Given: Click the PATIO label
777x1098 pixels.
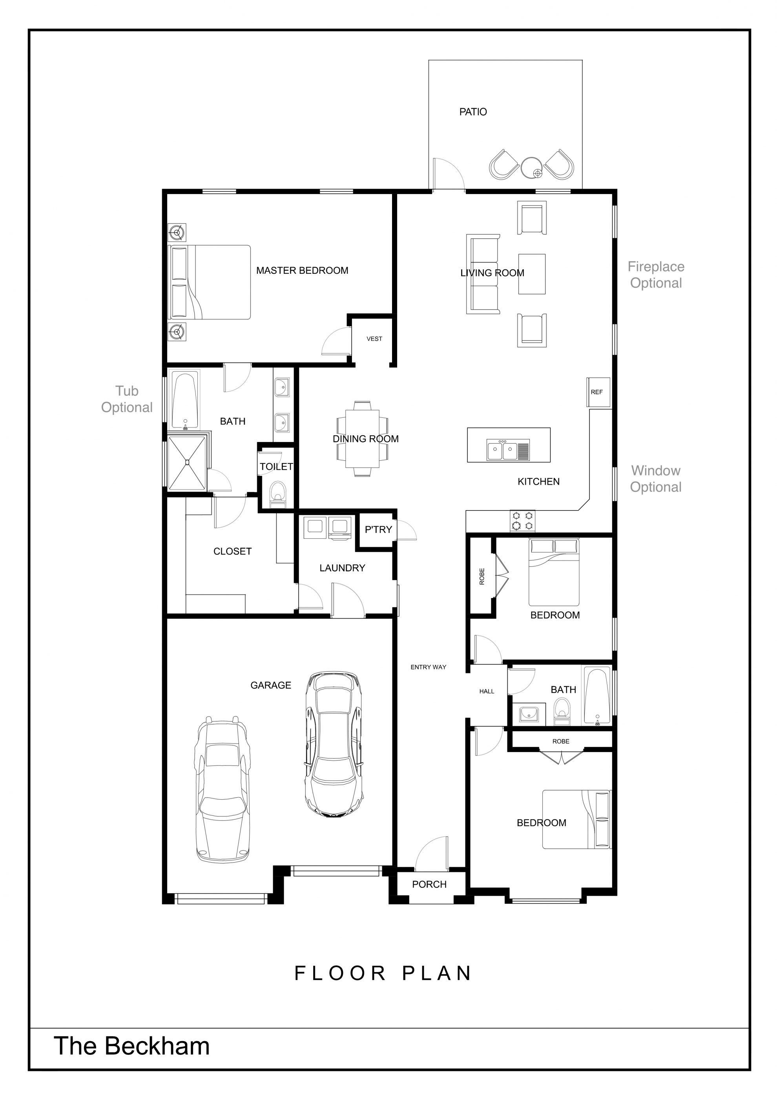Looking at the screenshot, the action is tap(473, 112).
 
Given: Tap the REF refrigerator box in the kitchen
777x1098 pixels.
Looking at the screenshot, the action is tap(598, 392).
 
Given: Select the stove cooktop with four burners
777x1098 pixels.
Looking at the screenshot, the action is tap(522, 520).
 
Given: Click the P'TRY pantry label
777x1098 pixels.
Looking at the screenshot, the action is tap(378, 529).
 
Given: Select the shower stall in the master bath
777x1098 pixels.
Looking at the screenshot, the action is tap(188, 462).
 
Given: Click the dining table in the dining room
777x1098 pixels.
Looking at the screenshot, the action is tap(362, 438).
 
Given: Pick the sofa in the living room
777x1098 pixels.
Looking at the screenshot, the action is tap(483, 274).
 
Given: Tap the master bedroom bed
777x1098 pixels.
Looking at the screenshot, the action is tap(209, 282).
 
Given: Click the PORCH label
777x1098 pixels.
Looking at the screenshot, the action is tap(429, 884).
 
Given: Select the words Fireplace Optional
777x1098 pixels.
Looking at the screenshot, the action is tap(656, 275).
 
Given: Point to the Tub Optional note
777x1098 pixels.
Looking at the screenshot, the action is tap(127, 399).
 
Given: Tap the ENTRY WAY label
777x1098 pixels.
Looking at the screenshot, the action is tap(428, 667).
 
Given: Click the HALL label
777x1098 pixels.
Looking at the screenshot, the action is tap(487, 691).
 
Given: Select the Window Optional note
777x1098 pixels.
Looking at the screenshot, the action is tap(655, 479).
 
